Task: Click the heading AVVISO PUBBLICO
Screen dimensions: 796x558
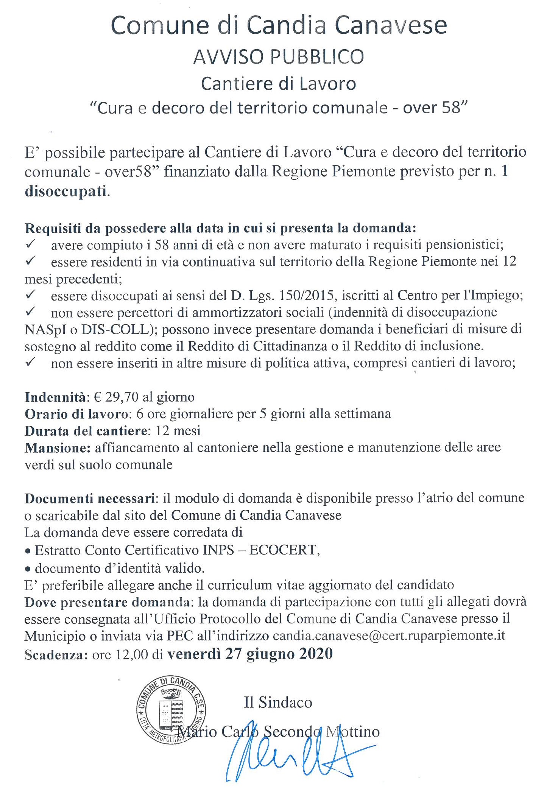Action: click(x=278, y=57)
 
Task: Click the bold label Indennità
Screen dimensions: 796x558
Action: click(x=55, y=397)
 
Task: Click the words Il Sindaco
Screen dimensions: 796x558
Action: click(x=278, y=703)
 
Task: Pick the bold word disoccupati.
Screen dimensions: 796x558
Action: click(x=65, y=191)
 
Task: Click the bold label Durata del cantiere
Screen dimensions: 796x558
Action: click(x=86, y=431)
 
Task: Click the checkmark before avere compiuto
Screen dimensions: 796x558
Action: click(x=31, y=244)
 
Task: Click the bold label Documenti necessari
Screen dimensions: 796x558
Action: click(x=90, y=498)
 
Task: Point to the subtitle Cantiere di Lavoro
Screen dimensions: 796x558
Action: click(x=278, y=84)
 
